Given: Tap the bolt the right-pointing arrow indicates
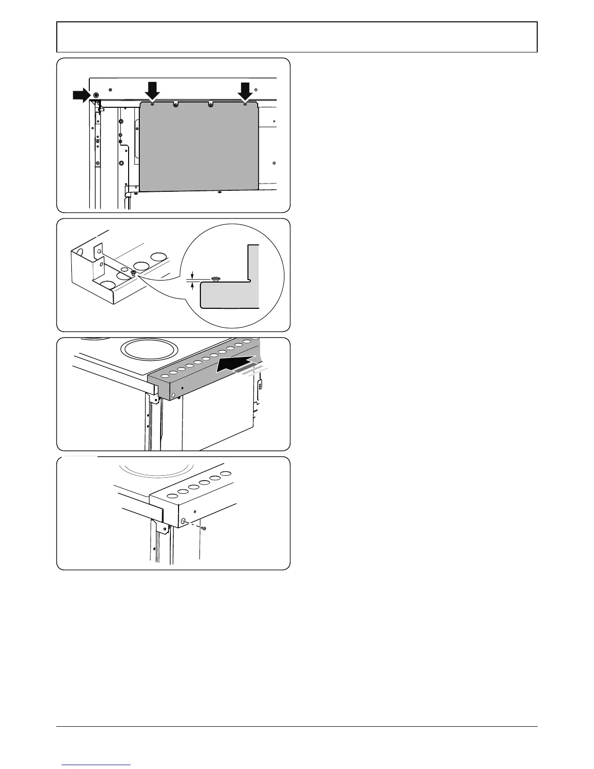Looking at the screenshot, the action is tap(96, 95).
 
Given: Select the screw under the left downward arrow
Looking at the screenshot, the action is tap(153, 104).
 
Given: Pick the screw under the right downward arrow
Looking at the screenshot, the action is tap(245, 104).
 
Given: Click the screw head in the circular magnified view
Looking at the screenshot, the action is tap(216, 279).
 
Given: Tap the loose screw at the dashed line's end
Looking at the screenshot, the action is tap(204, 528).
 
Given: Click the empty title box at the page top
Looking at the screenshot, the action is tap(297, 37).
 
